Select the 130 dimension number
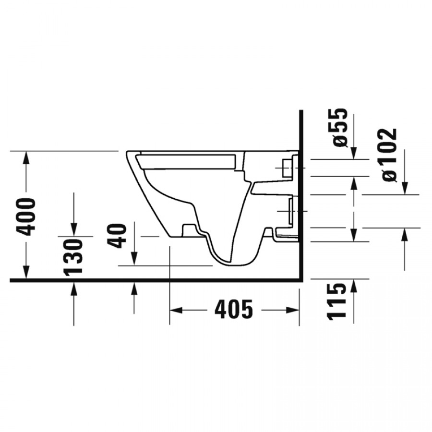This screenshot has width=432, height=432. [73, 257]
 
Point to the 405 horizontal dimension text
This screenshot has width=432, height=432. [234, 309]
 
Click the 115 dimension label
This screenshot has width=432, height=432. [336, 301]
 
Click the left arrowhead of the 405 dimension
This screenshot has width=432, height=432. [176, 310]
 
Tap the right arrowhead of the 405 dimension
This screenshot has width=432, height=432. [293, 310]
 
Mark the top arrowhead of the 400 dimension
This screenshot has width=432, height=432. [26, 157]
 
